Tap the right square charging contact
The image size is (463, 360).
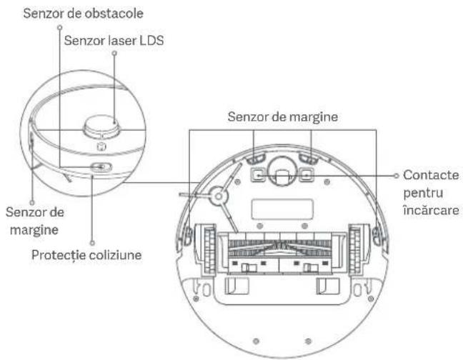tap(307, 173)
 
